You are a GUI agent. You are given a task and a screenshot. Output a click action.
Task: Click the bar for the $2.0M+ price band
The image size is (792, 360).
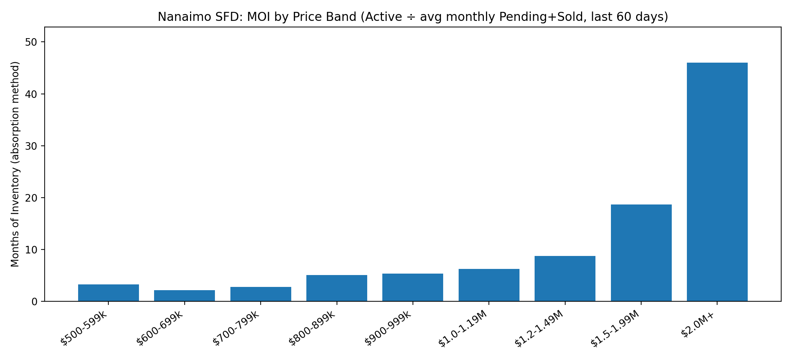[717, 182]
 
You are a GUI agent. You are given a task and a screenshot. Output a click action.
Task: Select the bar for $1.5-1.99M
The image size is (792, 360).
[641, 253]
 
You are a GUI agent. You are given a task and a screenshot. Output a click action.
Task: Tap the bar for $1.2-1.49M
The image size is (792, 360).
[565, 279]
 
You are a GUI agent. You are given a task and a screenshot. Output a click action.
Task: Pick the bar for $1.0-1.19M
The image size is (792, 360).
[489, 285]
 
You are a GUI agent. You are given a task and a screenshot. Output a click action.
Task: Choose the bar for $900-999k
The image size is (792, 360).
[413, 287]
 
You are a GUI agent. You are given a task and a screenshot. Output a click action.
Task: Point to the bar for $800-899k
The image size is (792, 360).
[337, 288]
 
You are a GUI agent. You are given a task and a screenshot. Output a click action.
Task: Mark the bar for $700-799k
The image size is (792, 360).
[261, 294]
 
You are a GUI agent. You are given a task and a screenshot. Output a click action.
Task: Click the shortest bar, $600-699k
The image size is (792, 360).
[184, 296]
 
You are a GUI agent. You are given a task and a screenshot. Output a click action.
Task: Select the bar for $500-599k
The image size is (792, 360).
[108, 293]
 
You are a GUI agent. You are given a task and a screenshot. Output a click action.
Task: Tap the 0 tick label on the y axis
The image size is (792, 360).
[35, 301]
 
